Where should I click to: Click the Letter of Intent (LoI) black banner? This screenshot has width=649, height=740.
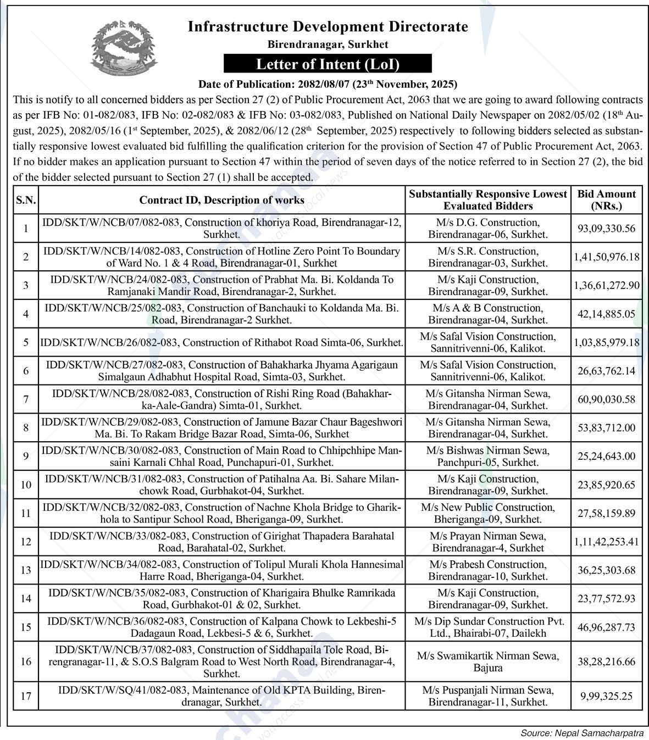pos(328,64)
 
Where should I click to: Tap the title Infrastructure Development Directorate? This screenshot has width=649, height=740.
pos(328,26)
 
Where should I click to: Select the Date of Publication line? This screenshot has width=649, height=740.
pos(328,84)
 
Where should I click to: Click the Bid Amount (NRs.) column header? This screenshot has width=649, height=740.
pos(606,200)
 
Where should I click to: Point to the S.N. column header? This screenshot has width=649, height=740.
pos(26,200)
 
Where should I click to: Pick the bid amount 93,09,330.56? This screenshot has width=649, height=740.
pos(606,229)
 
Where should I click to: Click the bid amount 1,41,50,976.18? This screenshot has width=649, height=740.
pos(606,257)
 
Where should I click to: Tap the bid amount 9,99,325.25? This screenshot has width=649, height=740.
pos(606,696)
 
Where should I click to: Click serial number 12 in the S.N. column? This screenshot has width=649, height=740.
pos(26,542)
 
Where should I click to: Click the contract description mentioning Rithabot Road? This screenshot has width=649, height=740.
pos(222,342)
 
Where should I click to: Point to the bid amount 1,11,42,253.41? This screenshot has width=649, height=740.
pos(606,542)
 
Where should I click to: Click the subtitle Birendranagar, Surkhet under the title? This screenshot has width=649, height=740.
pos(328,44)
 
